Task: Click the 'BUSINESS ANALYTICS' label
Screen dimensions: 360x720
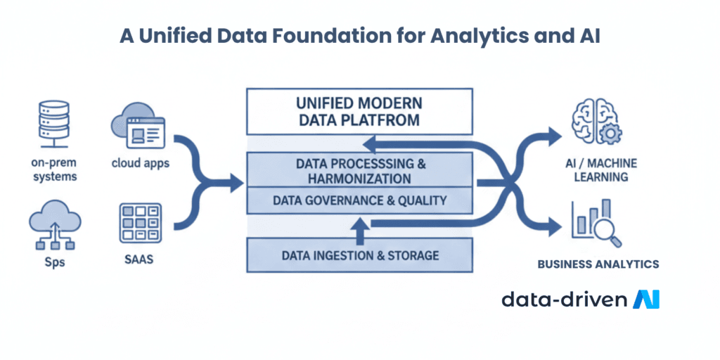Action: click(x=598, y=264)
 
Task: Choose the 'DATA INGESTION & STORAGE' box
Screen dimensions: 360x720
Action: click(x=361, y=255)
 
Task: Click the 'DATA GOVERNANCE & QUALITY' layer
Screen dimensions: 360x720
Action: click(x=360, y=200)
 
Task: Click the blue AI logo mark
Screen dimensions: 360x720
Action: click(x=646, y=300)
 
